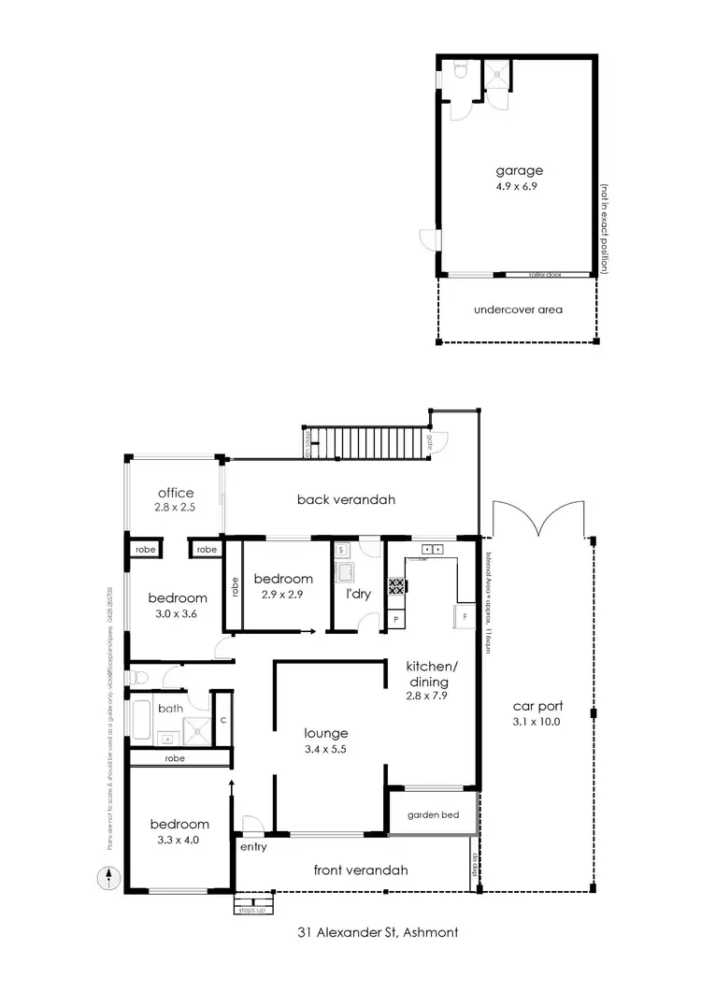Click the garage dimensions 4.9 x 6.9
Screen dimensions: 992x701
[519, 186]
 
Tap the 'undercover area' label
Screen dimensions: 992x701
[519, 309]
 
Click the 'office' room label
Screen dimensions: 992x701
[176, 493]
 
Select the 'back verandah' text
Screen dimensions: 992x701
[346, 499]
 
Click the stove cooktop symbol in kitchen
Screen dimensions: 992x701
[395, 587]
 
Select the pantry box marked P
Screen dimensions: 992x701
[395, 619]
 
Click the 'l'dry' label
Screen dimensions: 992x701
[359, 594]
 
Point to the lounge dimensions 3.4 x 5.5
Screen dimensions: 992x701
[325, 749]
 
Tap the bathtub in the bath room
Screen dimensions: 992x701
[142, 721]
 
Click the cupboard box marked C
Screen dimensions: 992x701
[222, 719]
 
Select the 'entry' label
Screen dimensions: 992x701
[252, 847]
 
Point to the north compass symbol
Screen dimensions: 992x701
[110, 880]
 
